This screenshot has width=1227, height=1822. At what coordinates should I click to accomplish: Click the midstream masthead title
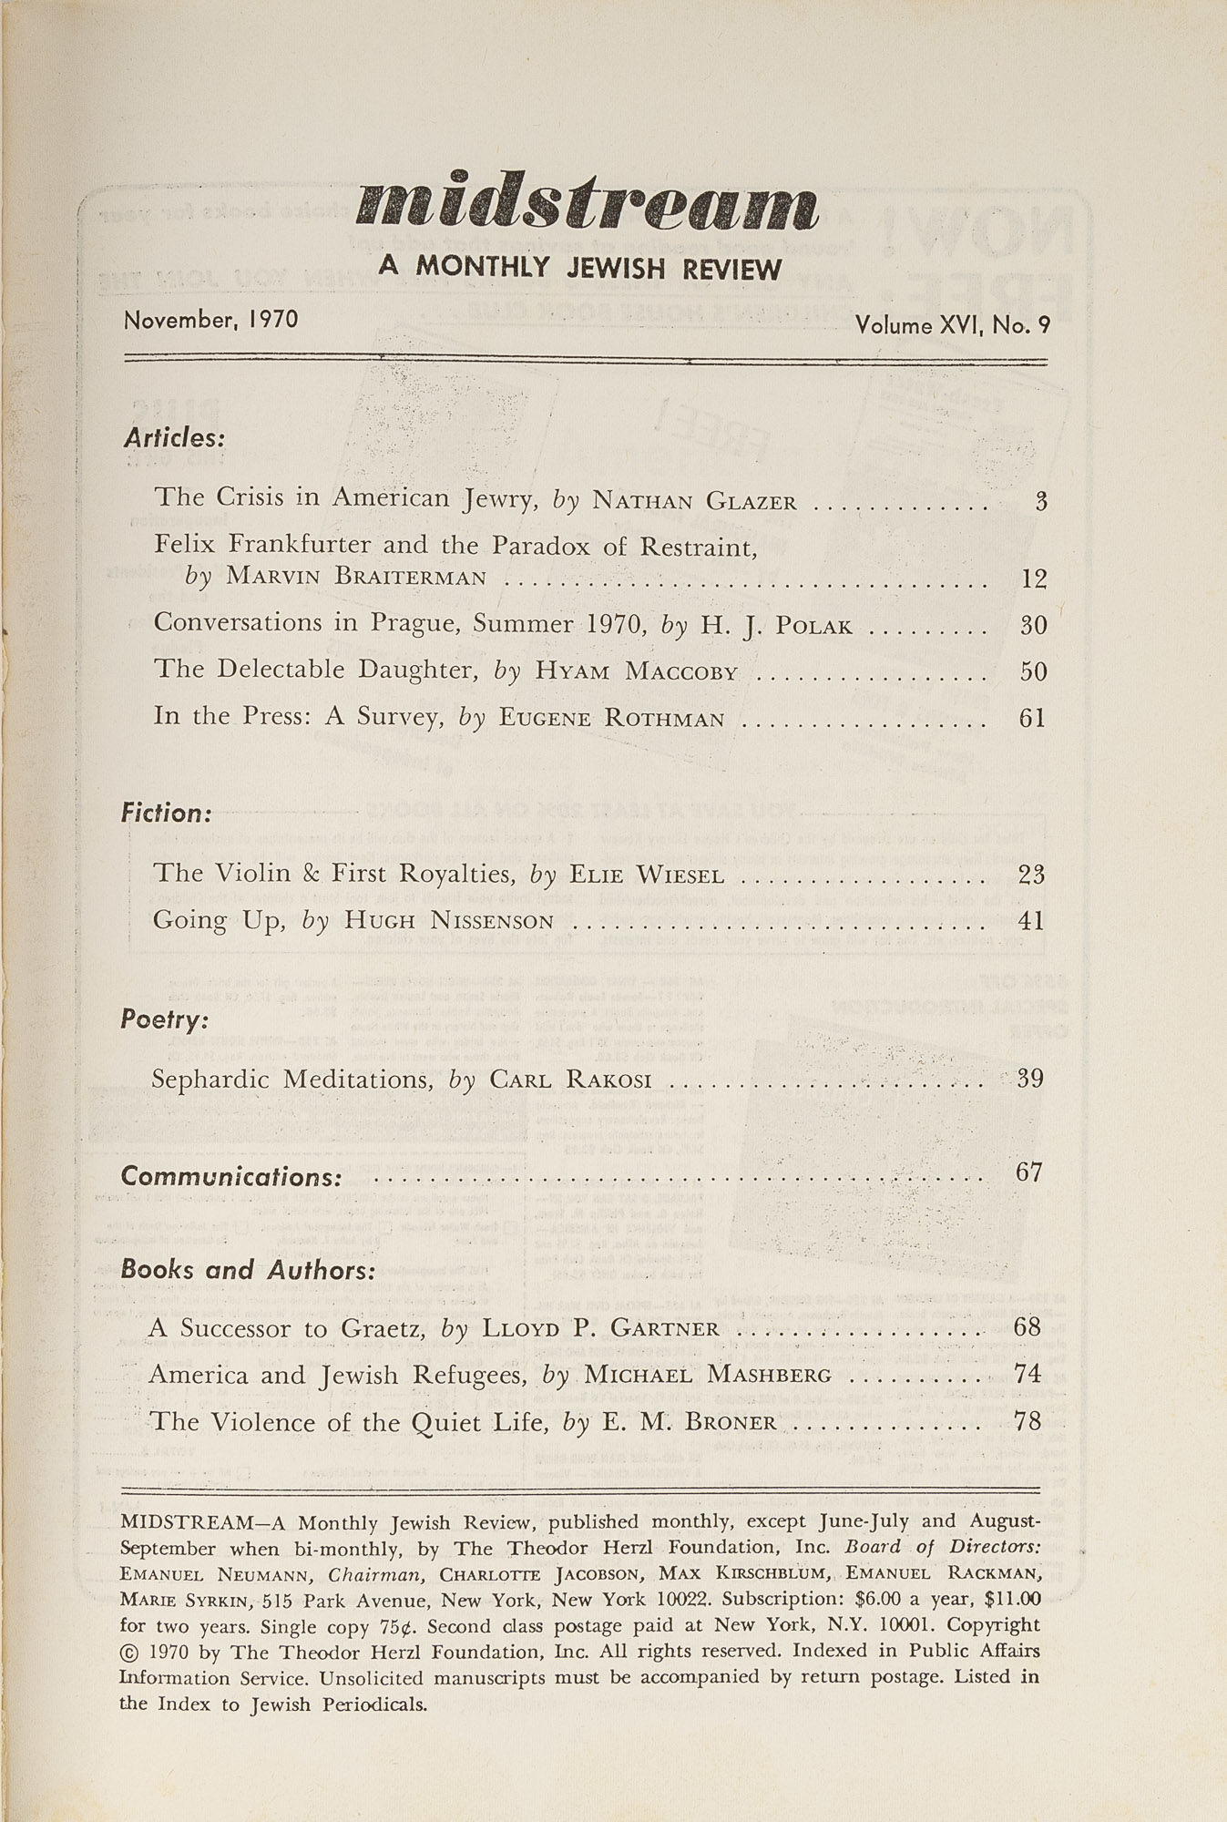(587, 203)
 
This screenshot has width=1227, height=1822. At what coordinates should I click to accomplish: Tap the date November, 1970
(211, 321)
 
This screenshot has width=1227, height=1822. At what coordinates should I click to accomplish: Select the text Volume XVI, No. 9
(952, 325)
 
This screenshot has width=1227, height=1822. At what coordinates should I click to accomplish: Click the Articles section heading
(174, 438)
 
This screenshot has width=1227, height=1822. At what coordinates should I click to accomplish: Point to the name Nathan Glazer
(694, 501)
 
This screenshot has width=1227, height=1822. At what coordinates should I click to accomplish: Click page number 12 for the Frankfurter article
(1033, 578)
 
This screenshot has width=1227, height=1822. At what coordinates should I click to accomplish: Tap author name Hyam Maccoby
(636, 672)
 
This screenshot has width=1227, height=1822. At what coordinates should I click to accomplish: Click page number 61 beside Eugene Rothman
(1033, 719)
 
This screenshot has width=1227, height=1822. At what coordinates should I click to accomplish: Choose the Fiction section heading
(167, 813)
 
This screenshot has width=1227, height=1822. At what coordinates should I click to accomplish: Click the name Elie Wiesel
(646, 875)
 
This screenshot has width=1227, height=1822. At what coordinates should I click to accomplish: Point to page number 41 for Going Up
(1031, 921)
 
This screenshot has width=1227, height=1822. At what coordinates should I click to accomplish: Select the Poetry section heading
(165, 1019)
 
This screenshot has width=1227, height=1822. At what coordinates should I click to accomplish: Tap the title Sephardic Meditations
(290, 1080)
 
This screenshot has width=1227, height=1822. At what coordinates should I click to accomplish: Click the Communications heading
(231, 1177)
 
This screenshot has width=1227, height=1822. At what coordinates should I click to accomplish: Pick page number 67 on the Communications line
(1028, 1172)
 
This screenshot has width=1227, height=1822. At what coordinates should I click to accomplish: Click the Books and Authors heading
(248, 1270)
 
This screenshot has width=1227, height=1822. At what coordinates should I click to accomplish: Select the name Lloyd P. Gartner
(600, 1329)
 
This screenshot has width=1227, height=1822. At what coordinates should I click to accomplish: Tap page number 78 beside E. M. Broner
(1027, 1421)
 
